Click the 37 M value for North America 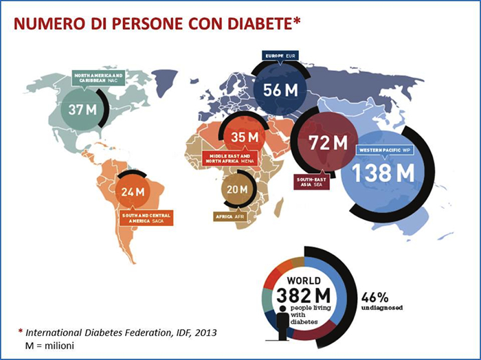pyautogui.click(x=80, y=109)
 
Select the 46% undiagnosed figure pyautogui.click(x=375, y=298)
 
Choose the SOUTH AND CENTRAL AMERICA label pyautogui.click(x=146, y=218)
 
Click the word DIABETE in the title pyautogui.click(x=260, y=25)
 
